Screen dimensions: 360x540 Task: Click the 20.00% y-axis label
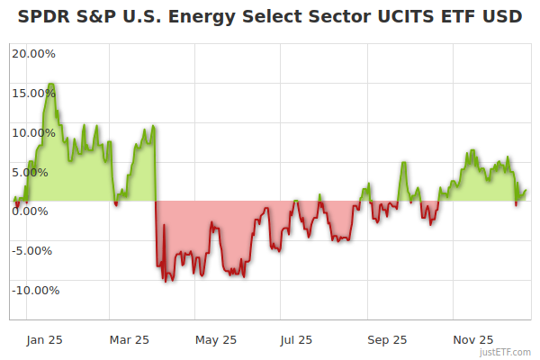[x=33, y=53]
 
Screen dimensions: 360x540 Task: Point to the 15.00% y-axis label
[x=33, y=93]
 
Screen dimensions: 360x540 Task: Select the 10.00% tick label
[x=33, y=132]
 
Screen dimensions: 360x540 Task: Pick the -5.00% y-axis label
[x=34, y=251]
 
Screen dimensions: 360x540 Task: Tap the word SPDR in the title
[x=40, y=16]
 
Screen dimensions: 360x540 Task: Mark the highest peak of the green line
[x=51, y=84]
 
